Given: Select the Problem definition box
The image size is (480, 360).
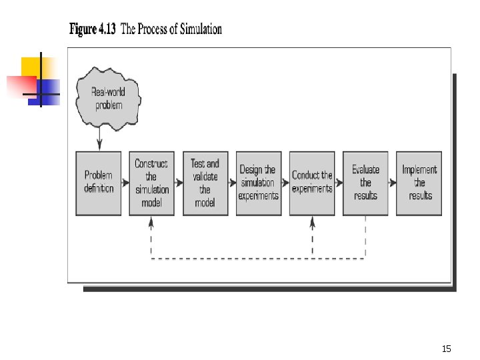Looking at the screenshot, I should coord(99,183).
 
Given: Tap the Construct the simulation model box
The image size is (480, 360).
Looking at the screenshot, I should coord(151,183).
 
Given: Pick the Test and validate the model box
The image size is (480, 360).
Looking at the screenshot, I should coord(205,183).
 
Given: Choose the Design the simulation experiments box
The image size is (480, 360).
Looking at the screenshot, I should coord(258,183).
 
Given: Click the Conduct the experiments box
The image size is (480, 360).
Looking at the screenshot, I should coord(312,183).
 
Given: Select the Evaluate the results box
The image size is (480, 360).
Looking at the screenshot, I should coord(365,183).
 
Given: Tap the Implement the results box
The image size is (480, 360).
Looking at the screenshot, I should coord(419,183).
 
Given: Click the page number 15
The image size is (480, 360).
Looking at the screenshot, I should coord(446,349).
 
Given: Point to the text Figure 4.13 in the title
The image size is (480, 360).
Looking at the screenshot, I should coord(93,30).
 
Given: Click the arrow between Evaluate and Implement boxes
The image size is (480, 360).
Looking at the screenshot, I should coord(392,183).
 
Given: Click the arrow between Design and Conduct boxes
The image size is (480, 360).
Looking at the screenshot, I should coord(285,183).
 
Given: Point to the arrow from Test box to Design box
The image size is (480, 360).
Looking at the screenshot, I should coord(231,183).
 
